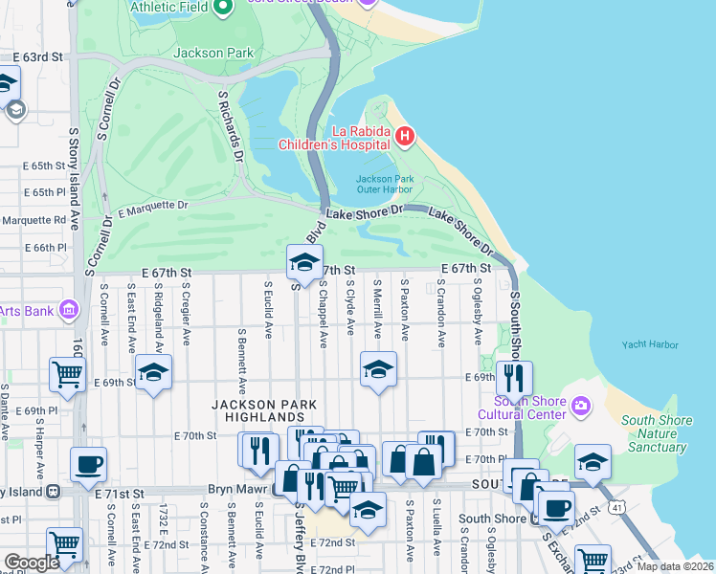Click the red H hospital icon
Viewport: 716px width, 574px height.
coord(404,137)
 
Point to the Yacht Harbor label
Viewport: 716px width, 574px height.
coord(649,344)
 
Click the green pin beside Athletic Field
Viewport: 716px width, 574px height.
coord(223,9)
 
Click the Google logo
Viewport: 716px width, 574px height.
coord(31,563)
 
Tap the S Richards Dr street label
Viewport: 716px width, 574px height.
coord(231,126)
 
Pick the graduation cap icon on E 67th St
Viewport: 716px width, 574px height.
coord(303,260)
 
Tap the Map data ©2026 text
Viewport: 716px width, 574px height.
coord(674,566)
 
